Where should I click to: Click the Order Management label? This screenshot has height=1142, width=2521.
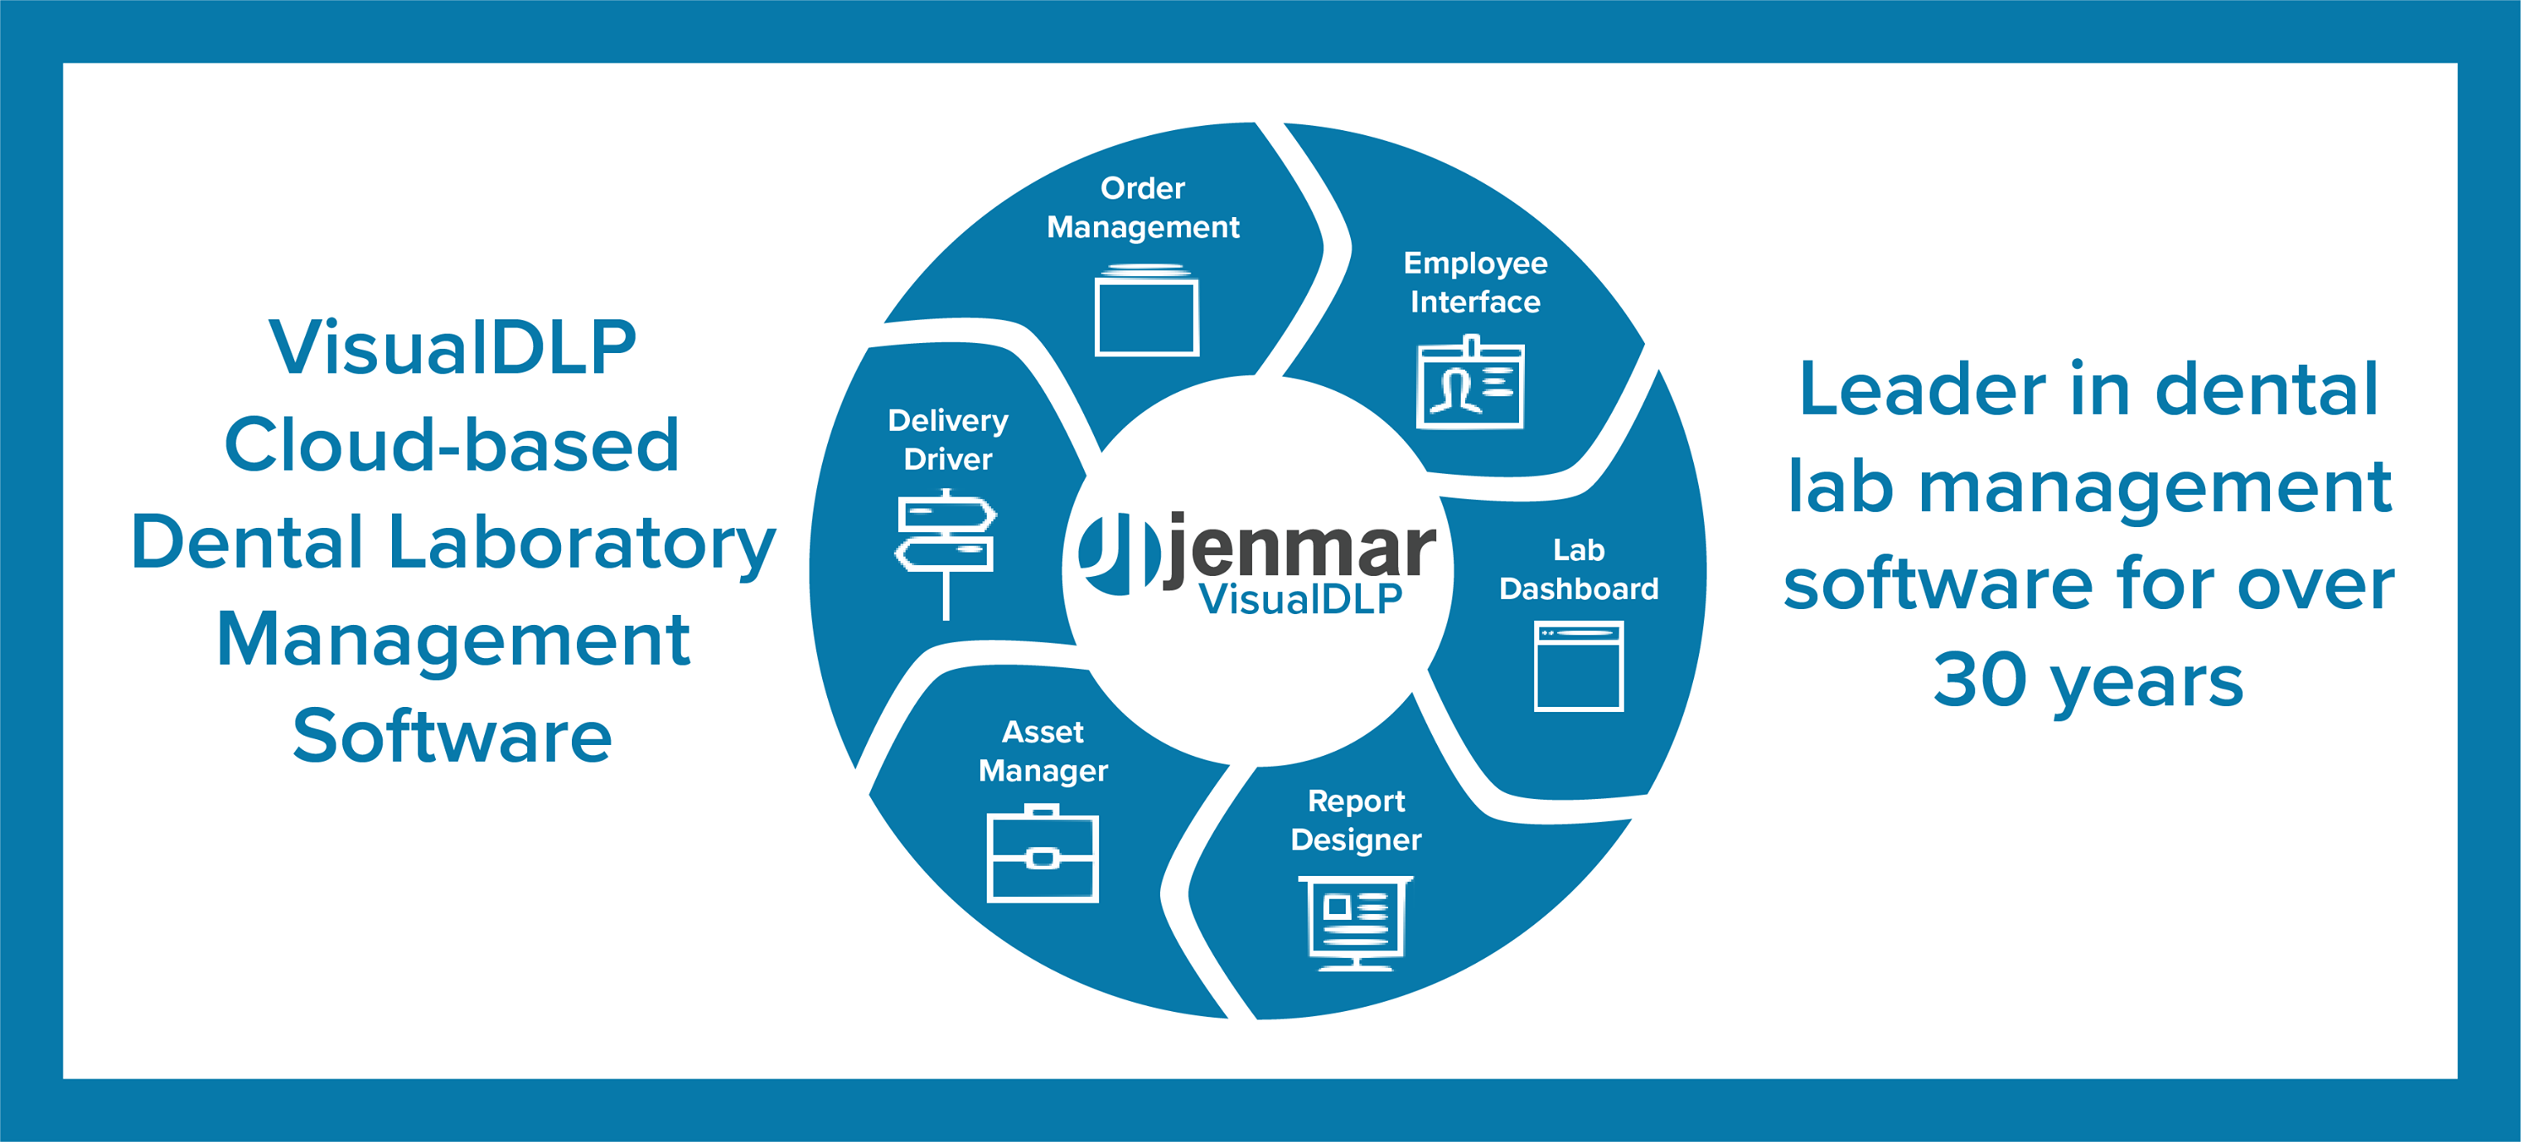pos(1143,207)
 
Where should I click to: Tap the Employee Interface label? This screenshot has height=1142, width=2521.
pos(1475,282)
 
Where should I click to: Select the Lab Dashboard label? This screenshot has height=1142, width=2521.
pos(1579,569)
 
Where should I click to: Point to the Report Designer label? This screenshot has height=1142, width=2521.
pos(1356,820)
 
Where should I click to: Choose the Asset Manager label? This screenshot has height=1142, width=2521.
pos(1043,751)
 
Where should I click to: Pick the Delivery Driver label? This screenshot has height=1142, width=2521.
pos(947,439)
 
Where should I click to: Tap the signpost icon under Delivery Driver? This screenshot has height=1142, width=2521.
pos(946,553)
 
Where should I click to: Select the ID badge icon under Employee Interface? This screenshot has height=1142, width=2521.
pos(1470,382)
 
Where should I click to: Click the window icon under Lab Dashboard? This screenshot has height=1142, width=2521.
pos(1579,665)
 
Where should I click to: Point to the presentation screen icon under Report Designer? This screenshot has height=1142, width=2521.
pos(1356,922)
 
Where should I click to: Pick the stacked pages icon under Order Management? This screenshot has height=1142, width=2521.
pos(1146,309)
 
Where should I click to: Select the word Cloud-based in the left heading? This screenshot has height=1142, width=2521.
pos(452,444)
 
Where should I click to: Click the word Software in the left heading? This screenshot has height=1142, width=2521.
pos(452,736)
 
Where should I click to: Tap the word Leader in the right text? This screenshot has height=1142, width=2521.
pos(1922,389)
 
